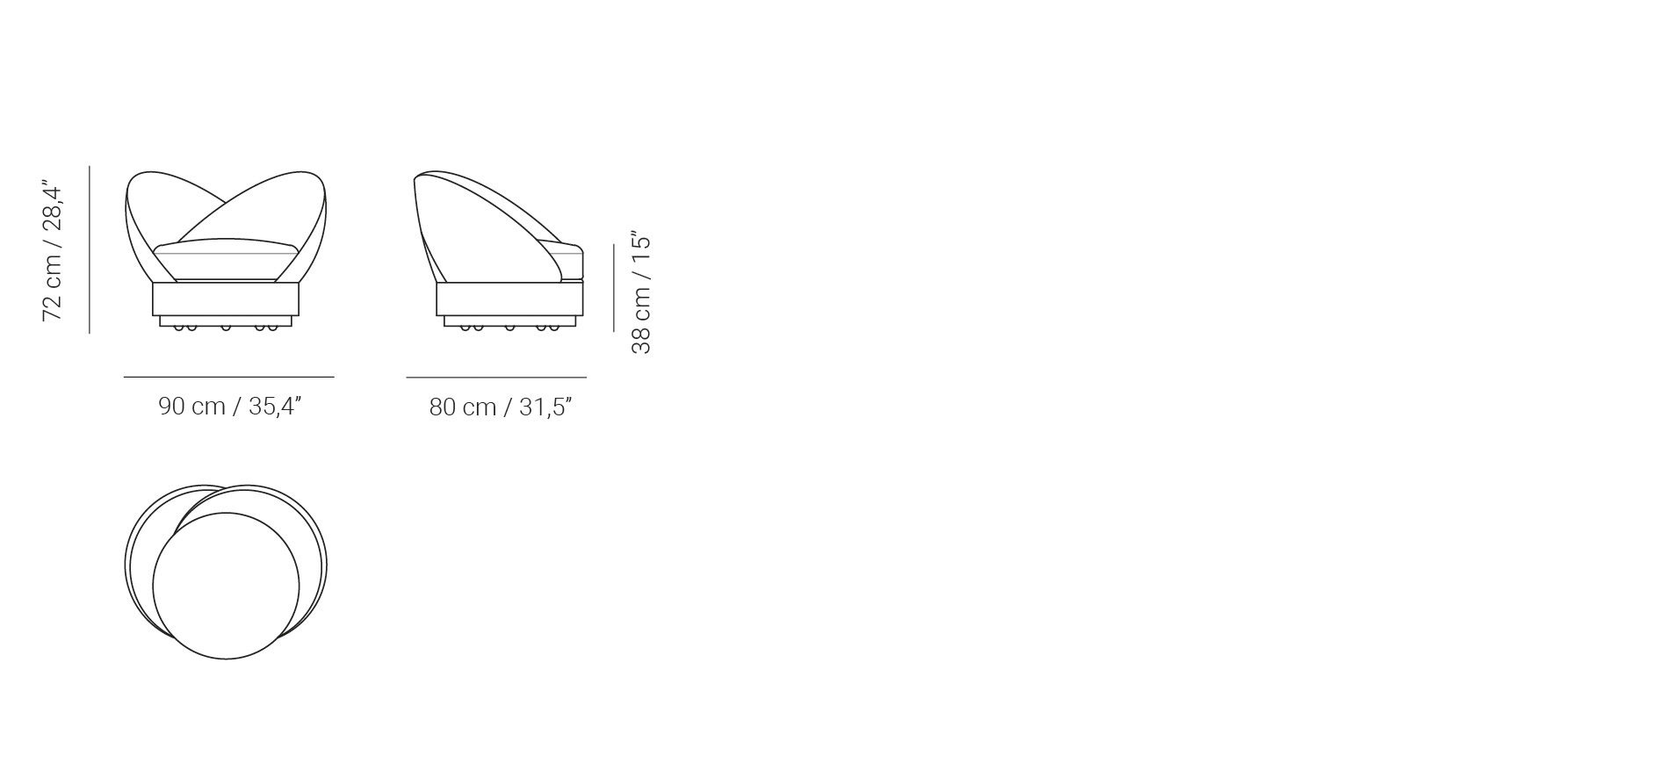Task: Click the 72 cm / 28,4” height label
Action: (x=53, y=251)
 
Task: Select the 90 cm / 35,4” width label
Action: (x=230, y=407)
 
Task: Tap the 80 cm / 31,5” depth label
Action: (x=501, y=407)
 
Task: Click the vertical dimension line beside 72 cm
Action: (x=90, y=249)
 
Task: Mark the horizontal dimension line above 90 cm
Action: (x=228, y=377)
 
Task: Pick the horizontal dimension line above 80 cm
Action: (x=496, y=378)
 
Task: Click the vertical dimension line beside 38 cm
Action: (x=613, y=288)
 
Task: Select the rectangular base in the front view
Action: (x=226, y=299)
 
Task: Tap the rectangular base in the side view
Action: (x=509, y=299)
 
